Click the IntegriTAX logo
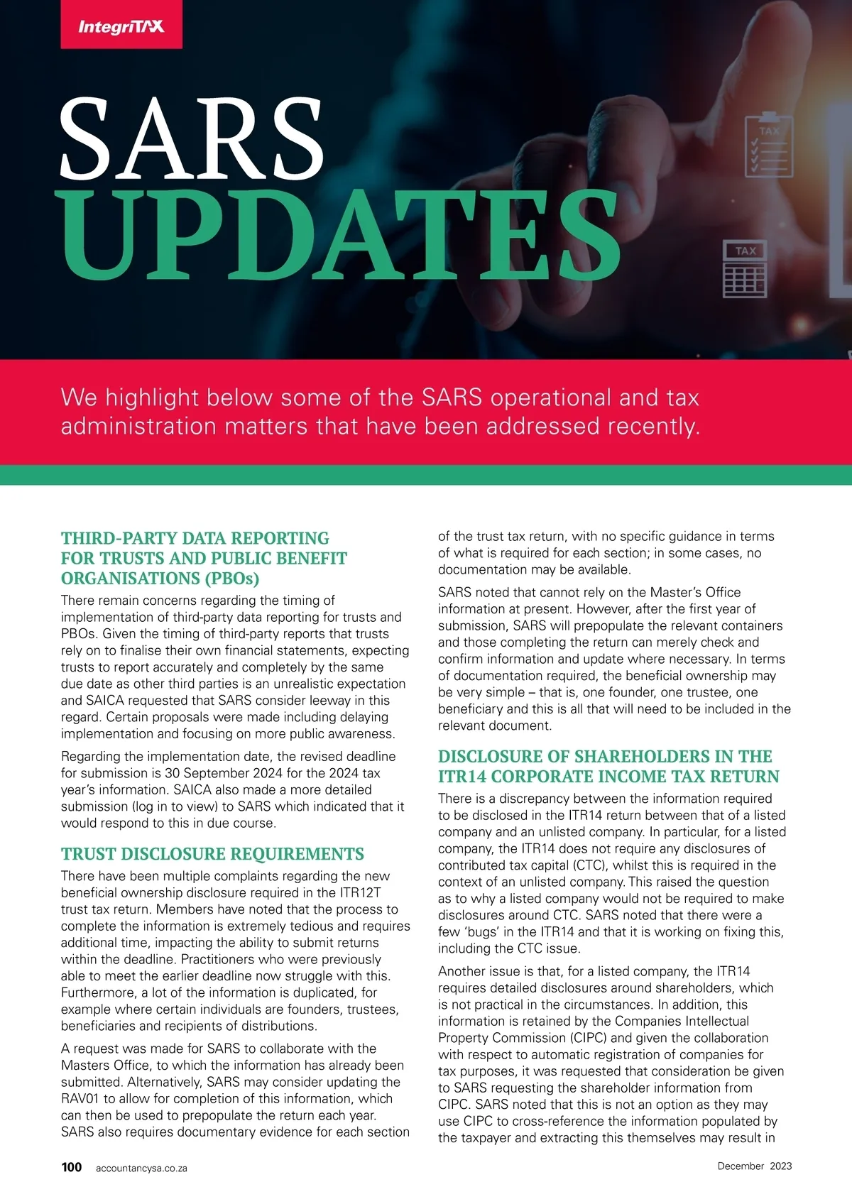[121, 27]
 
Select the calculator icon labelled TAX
[745, 269]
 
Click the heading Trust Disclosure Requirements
[212, 854]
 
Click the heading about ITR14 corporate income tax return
[608, 767]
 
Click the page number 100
[72, 1167]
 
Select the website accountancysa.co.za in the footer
[141, 1168]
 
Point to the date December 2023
[754, 1166]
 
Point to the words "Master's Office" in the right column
[696, 592]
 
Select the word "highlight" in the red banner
[152, 398]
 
